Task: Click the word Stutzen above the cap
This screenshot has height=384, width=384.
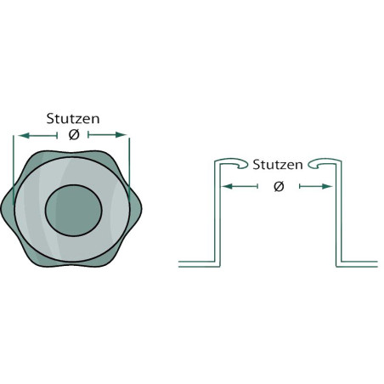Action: click(73, 119)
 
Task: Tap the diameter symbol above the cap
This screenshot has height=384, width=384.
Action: click(74, 135)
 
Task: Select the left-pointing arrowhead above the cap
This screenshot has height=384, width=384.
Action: click(24, 136)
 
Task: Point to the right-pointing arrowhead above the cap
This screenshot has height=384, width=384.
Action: click(121, 135)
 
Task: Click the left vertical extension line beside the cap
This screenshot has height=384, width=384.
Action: click(14, 170)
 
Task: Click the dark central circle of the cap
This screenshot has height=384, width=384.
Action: click(73, 210)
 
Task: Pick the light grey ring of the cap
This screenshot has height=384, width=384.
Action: click(30, 210)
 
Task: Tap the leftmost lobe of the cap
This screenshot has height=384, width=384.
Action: click(7, 210)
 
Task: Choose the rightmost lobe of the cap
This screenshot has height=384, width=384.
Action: click(136, 209)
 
